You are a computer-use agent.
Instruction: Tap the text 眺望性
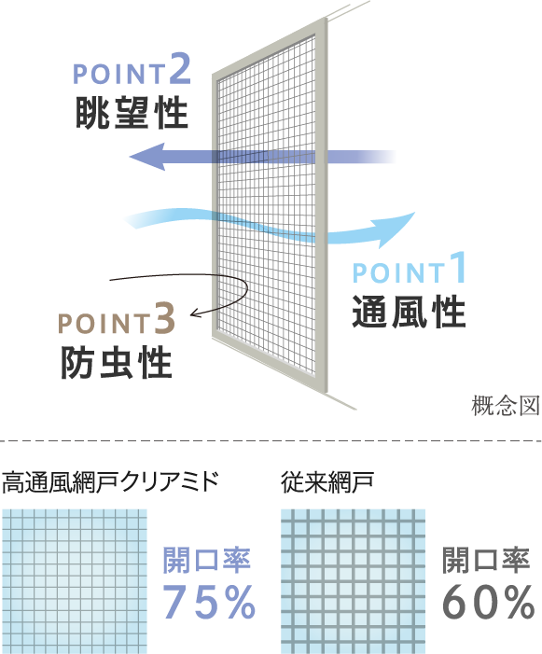coord(132,112)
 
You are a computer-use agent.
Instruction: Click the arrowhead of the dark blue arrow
coord(147,157)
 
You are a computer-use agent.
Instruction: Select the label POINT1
coord(409,268)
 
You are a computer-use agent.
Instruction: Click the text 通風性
coord(409,312)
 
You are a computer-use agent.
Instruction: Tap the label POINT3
coord(117,319)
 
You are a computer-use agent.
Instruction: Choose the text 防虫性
coord(117,363)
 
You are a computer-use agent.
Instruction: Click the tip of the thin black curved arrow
coord(191,315)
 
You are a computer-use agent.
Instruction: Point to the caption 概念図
coord(506,406)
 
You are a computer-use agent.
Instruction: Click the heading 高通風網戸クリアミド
coord(110,482)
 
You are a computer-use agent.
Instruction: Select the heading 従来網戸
coord(327,482)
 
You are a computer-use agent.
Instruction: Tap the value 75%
coord(208,602)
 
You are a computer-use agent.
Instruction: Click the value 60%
coord(488,602)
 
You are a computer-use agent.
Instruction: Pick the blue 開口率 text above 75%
coord(207,560)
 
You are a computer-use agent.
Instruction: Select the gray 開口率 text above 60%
coord(486,560)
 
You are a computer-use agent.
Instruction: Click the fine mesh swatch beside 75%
coord(75,581)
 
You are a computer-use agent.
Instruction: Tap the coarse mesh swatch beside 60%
coord(354,581)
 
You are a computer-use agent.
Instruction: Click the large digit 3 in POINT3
coord(165,319)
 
